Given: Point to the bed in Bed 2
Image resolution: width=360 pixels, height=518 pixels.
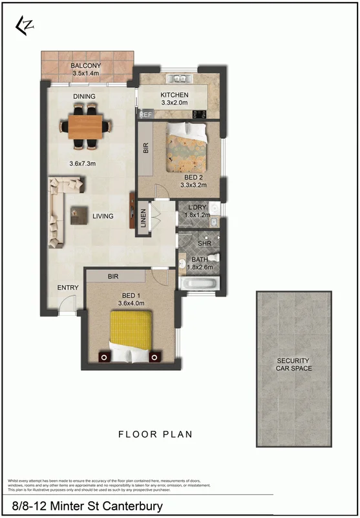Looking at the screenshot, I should tap(187, 143).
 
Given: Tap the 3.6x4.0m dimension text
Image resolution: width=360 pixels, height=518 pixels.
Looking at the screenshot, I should tap(131, 302).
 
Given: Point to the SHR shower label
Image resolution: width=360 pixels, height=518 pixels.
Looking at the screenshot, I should tap(204, 244).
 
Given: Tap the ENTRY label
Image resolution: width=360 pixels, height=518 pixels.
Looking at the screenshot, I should tap(68, 288).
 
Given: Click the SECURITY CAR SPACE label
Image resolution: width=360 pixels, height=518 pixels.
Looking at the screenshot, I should tap(294, 364).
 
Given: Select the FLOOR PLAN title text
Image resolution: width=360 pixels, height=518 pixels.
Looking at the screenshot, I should tap(155, 435).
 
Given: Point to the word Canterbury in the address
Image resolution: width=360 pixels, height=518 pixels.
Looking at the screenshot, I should tap(130, 506).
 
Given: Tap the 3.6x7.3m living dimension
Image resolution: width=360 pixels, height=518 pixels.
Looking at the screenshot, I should tap(82, 163).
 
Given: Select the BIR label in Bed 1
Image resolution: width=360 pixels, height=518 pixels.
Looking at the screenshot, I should tap(113, 276).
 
